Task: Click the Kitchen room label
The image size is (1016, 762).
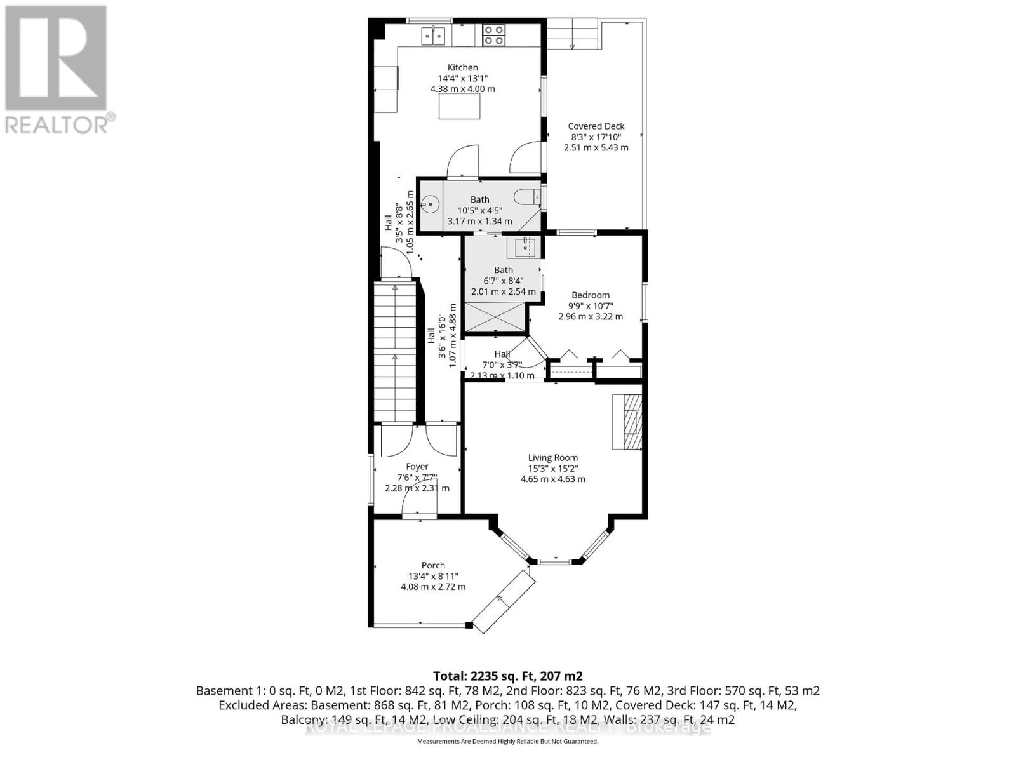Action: tap(462, 67)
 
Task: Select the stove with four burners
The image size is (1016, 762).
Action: tap(493, 34)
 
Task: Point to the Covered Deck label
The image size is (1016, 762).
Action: tap(596, 126)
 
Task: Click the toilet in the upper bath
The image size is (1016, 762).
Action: tap(527, 197)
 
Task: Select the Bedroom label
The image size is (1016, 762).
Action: tap(591, 295)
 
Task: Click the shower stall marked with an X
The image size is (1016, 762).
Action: tap(495, 317)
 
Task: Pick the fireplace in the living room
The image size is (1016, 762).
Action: tap(627, 422)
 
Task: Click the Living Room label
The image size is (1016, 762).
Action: tap(552, 457)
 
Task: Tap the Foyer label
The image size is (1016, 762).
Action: tap(417, 467)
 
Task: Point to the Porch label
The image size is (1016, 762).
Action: tap(433, 565)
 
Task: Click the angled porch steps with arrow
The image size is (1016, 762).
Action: tap(503, 601)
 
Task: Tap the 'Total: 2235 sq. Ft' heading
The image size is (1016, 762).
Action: tap(507, 676)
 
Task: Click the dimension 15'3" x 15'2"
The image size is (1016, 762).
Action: tap(552, 468)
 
